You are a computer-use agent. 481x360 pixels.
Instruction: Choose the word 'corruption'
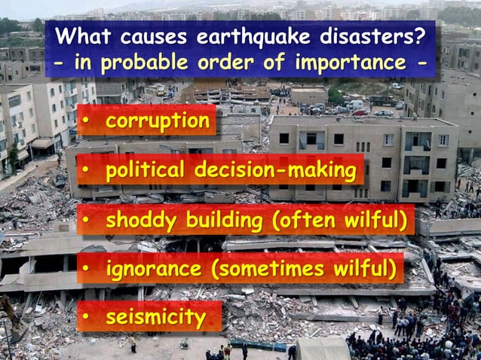click(x=158, y=121)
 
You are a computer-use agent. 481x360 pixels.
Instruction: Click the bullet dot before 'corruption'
click(x=87, y=121)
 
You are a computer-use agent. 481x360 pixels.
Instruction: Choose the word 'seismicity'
click(x=155, y=317)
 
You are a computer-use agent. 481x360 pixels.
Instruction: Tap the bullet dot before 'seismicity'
click(x=87, y=318)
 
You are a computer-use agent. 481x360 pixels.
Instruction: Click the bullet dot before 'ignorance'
click(x=87, y=270)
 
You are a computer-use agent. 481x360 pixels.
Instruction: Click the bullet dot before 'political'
click(x=87, y=172)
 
